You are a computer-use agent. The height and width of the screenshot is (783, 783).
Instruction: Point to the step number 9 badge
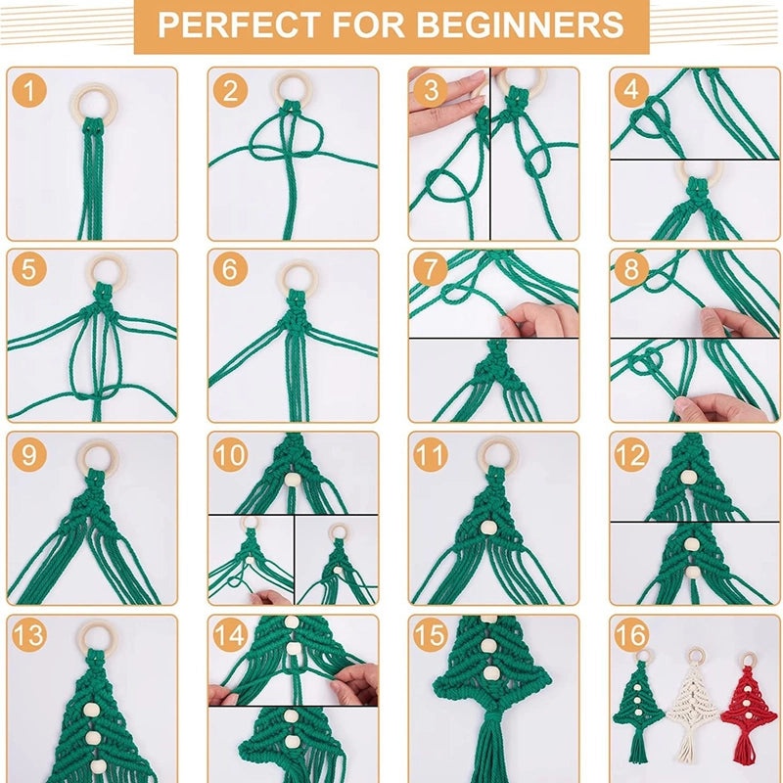[x=30, y=455]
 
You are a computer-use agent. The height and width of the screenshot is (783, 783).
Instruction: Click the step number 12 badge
[x=632, y=455]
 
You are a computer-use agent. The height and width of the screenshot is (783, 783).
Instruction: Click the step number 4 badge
[x=632, y=91]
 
